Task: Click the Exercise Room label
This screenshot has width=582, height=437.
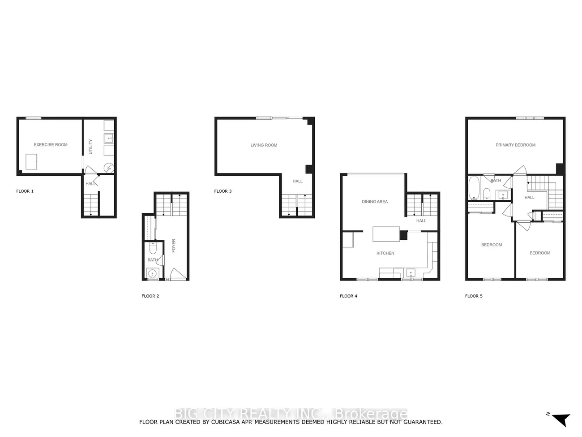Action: click(51, 145)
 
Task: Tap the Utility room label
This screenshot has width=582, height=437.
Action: click(90, 147)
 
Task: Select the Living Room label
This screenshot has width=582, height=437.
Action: click(264, 145)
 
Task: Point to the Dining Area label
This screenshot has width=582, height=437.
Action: click(375, 202)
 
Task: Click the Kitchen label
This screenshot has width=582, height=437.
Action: click(385, 253)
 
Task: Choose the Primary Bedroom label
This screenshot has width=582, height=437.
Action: click(515, 145)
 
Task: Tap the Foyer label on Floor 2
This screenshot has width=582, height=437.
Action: click(174, 246)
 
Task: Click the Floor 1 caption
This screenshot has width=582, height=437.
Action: click(25, 191)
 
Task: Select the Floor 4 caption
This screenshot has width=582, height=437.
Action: click(349, 296)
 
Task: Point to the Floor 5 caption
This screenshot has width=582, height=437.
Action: click(474, 296)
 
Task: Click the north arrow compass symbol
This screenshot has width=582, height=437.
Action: click(561, 419)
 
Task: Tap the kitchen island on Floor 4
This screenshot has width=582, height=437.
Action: click(386, 234)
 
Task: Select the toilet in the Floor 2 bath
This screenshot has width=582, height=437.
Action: click(152, 248)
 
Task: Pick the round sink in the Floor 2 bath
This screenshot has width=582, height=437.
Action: click(153, 273)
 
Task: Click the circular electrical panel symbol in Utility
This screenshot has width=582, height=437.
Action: click(109, 168)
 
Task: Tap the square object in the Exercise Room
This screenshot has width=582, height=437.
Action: click(31, 161)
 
